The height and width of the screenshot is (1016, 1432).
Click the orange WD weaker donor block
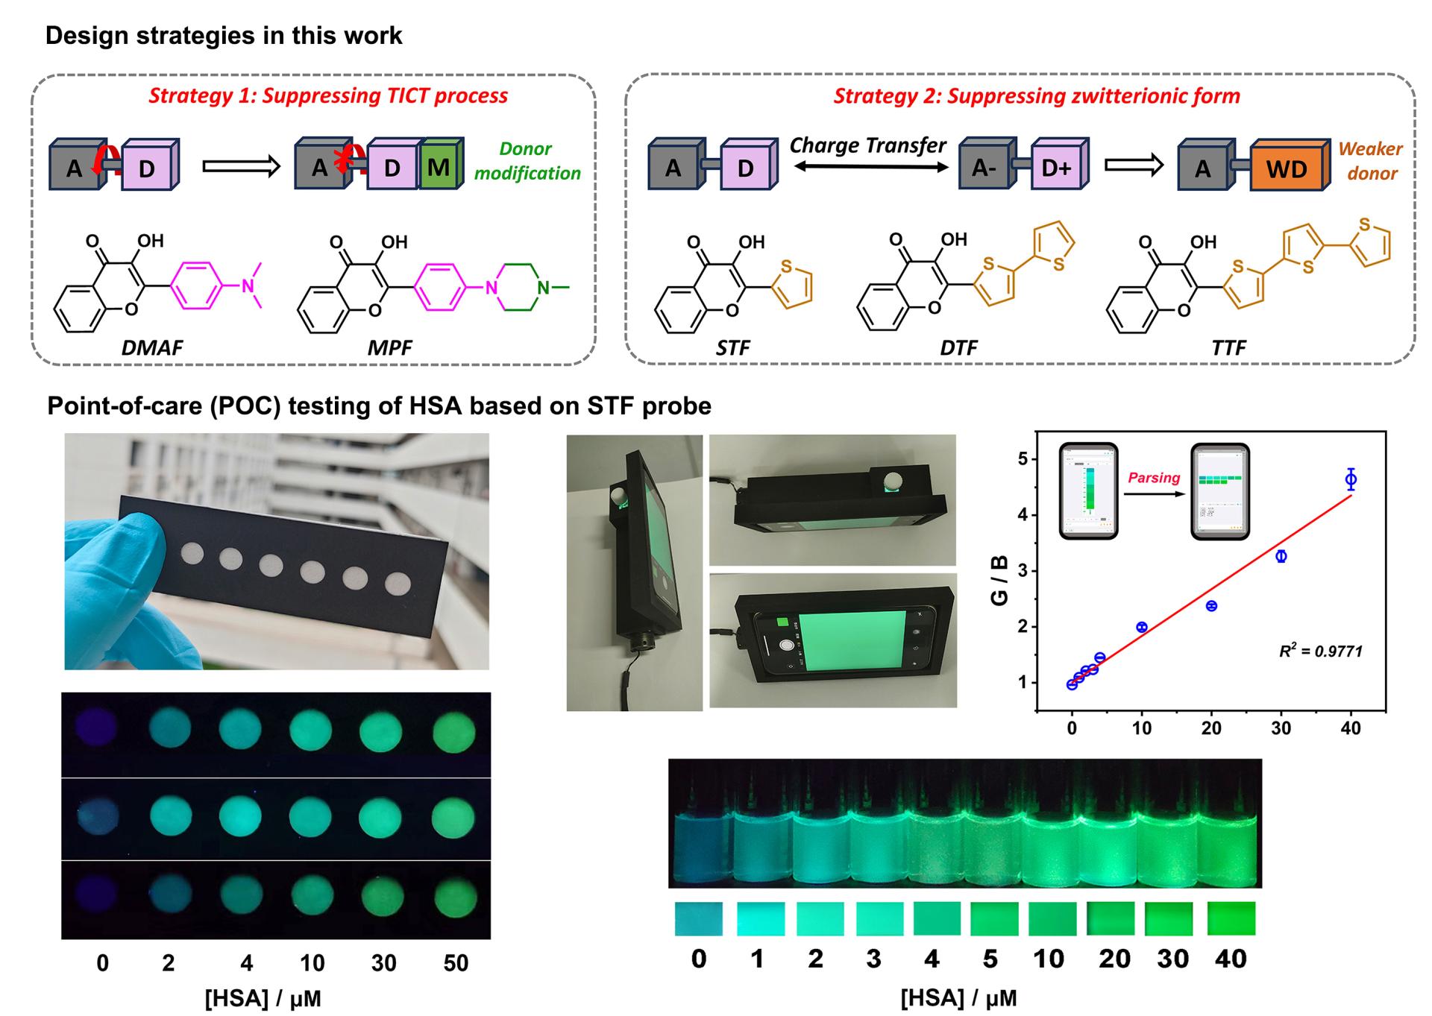click(1287, 168)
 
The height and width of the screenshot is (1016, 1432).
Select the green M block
click(439, 166)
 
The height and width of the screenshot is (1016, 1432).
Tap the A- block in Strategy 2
click(984, 168)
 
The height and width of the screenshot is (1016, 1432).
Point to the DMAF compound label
click(152, 347)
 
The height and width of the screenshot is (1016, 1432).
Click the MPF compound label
click(389, 347)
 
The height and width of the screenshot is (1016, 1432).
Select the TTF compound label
click(1228, 347)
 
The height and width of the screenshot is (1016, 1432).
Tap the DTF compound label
click(958, 347)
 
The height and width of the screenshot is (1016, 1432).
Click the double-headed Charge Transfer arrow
click(869, 167)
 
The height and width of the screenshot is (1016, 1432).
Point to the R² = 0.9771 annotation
click(1320, 651)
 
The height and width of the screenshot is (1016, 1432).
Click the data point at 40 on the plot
click(1350, 480)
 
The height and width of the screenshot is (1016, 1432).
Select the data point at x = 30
click(1281, 556)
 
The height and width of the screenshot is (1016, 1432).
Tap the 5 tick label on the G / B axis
click(1023, 459)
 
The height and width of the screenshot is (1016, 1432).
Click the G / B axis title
click(999, 581)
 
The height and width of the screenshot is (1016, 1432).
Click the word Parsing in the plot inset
click(1154, 478)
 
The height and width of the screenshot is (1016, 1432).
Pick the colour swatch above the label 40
click(1231, 918)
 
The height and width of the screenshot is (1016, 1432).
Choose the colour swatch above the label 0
click(699, 919)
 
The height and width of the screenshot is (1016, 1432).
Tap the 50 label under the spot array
click(456, 963)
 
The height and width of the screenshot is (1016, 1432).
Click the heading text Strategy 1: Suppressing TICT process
click(328, 95)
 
